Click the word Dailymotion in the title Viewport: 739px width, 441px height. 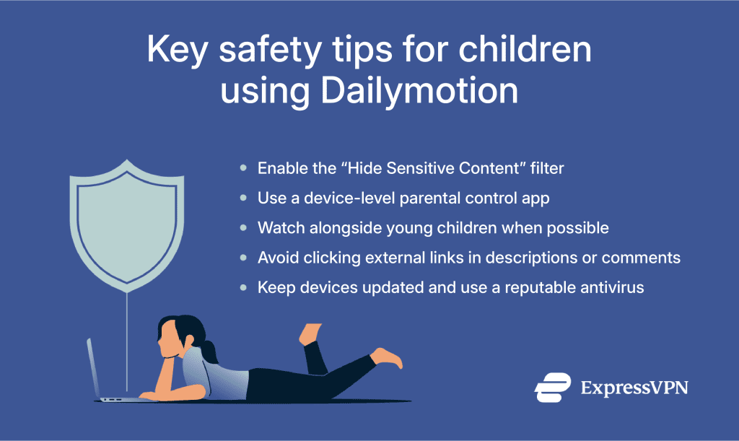(x=419, y=93)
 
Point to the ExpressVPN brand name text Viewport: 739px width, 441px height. (x=634, y=388)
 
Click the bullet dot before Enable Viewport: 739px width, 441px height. (x=244, y=168)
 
